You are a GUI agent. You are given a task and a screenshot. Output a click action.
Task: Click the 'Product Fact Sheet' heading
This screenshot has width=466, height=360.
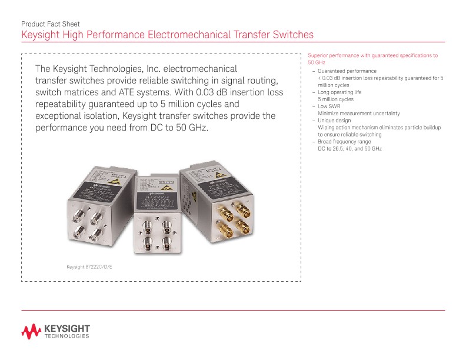pos(50,24)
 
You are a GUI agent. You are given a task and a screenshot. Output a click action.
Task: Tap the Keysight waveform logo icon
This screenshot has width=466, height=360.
pos(30,332)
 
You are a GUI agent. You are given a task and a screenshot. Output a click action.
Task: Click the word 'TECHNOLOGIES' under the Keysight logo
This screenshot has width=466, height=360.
pos(67,337)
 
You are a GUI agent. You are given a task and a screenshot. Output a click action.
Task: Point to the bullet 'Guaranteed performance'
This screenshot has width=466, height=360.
pos(347,71)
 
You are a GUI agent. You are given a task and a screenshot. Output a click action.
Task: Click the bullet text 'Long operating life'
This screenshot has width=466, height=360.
pos(339,92)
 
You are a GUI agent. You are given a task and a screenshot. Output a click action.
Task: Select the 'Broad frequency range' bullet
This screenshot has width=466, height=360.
pos(344,142)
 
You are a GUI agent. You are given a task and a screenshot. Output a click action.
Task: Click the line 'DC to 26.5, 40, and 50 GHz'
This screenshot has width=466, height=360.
pos(349,149)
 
